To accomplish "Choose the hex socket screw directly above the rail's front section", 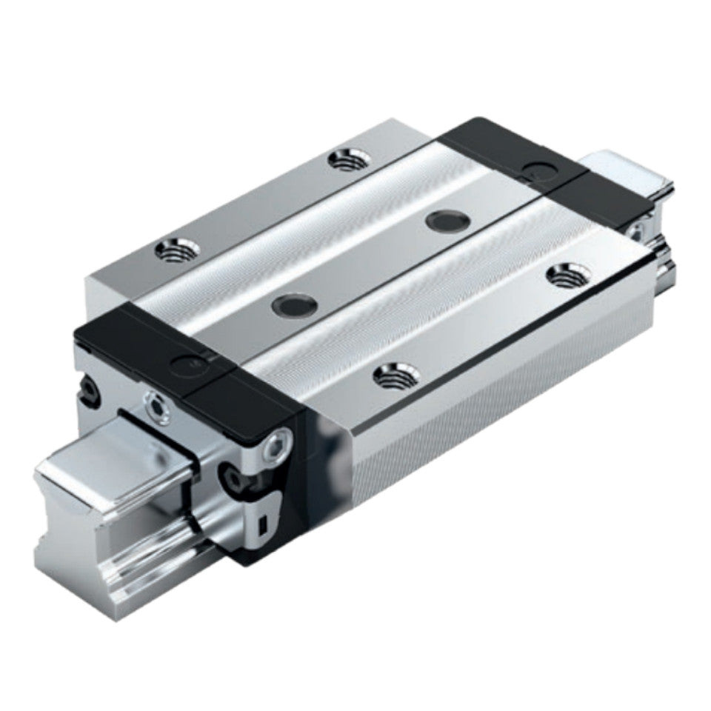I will tap(156, 406).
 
